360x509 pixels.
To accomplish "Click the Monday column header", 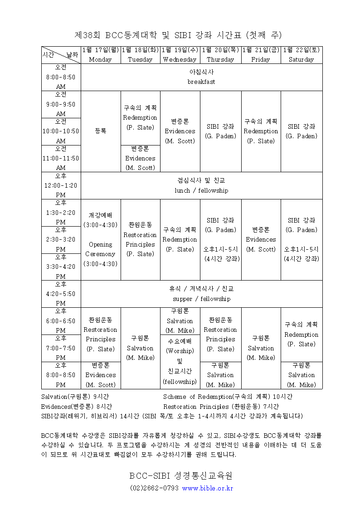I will (100, 55).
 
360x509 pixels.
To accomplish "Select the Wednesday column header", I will (180, 55).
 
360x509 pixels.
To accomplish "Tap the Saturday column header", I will (302, 55).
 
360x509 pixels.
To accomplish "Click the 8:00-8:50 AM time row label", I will (61, 78).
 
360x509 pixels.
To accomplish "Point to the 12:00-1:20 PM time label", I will (61, 185).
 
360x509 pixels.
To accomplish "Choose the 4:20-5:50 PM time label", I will (61, 294).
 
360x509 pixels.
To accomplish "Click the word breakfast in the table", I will (201, 82).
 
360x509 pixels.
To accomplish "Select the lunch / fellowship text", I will (201, 190).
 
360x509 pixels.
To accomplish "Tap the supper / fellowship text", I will (201, 299).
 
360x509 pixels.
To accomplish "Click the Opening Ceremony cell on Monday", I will (100, 249).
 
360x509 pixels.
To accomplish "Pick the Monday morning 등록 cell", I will (100, 131).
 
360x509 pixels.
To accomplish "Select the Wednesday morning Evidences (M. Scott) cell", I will (180, 131).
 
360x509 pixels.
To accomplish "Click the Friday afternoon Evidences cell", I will (261, 239).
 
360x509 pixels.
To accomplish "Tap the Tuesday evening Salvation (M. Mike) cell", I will (140, 348).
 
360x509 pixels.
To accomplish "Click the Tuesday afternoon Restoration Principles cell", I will (140, 239).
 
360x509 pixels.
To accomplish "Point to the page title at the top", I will (178, 35).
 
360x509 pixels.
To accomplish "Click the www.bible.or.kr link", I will (207, 488).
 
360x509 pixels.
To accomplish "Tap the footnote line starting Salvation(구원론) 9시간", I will (77, 397).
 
